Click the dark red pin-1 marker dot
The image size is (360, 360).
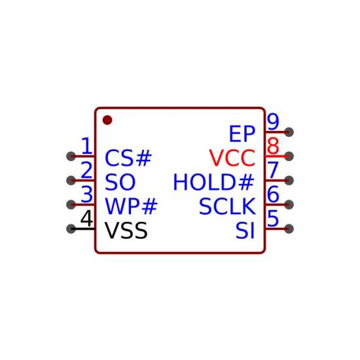point(107,120)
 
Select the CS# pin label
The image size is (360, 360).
point(128,158)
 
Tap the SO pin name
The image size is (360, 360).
point(120,182)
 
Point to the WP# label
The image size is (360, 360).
point(131,206)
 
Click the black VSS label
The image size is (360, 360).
point(126,230)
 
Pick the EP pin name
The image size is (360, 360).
point(242,134)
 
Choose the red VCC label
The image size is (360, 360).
point(232,158)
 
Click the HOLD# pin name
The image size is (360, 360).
point(214,182)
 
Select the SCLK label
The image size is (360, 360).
point(227,206)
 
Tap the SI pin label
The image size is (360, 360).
point(245,230)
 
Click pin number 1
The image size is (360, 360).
point(87,145)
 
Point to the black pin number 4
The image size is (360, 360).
point(87,218)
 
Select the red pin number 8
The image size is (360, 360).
point(273,145)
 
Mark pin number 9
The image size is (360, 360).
point(273,122)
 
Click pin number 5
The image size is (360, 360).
point(273,218)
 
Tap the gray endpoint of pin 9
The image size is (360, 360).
point(289,132)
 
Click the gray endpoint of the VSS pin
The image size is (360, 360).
point(71,228)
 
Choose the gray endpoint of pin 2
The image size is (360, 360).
point(71,181)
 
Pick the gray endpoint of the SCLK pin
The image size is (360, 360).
point(289,205)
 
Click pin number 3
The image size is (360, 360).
point(87,194)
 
